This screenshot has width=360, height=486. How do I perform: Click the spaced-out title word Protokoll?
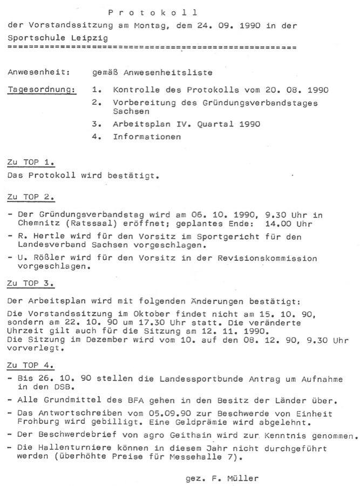(153, 12)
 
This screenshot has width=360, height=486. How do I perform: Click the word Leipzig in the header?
(90, 38)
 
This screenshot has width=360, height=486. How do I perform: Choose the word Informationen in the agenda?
(147, 137)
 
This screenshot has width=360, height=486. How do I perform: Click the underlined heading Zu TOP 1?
(32, 162)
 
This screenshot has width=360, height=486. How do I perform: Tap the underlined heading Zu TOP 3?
(32, 283)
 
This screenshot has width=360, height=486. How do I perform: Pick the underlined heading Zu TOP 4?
(32, 365)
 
